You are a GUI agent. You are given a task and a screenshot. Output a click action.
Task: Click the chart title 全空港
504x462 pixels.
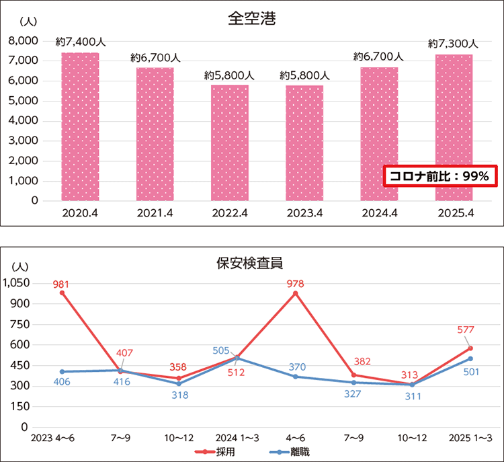coord(252,18)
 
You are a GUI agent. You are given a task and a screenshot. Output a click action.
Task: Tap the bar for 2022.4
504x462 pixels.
coord(230,143)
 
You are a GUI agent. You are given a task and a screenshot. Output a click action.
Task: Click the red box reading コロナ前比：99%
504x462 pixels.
coord(440,176)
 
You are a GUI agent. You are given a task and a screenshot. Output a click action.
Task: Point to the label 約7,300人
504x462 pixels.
coord(453,43)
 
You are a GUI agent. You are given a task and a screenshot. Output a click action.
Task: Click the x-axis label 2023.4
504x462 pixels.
coord(304,213)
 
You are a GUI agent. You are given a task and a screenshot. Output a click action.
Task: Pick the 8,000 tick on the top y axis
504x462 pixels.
coord(24,41)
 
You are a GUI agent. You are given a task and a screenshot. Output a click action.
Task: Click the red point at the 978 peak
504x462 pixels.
coord(295,293)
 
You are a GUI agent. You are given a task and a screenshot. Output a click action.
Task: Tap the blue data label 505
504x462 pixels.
coord(221,350)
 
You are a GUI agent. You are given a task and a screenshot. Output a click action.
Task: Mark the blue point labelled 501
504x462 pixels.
coord(470,358)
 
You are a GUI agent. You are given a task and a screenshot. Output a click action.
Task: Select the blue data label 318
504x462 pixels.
coord(179,395)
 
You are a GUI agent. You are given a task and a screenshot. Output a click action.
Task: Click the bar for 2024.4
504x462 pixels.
coord(379,134)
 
